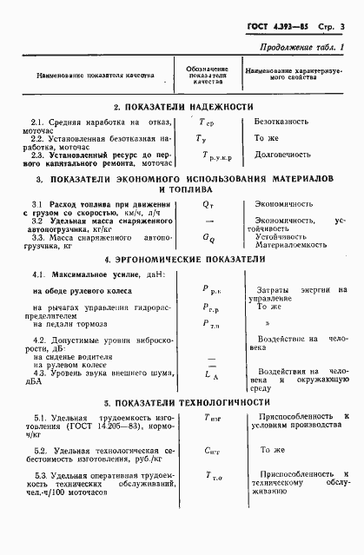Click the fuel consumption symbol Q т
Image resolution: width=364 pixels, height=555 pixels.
pyautogui.click(x=208, y=205)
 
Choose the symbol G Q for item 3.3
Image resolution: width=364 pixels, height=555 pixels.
pyautogui.click(x=208, y=236)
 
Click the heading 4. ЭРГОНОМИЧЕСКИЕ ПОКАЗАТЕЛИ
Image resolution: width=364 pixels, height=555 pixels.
pyautogui.click(x=183, y=260)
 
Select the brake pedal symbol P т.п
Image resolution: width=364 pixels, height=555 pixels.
pyautogui.click(x=211, y=322)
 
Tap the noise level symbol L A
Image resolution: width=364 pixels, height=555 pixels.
pyautogui.click(x=209, y=373)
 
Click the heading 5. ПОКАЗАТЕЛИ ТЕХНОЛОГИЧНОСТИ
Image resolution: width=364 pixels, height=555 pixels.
pyautogui.click(x=183, y=404)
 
